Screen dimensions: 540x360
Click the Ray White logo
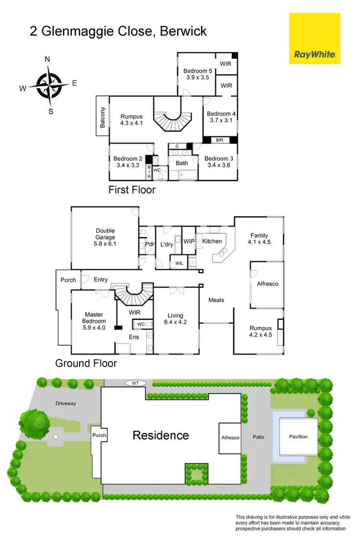tap(314, 38)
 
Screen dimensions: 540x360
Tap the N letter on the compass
tap(48, 60)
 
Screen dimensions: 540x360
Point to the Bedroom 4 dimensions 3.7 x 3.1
tap(221, 120)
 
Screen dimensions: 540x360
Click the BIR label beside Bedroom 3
tap(220, 140)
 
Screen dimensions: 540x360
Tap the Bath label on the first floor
tap(182, 163)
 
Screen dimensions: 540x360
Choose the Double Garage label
tap(105, 234)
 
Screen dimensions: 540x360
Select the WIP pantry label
tap(189, 241)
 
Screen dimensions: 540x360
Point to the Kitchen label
tap(212, 241)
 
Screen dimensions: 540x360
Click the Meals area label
tap(216, 300)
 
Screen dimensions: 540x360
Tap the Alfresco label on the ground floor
tap(267, 284)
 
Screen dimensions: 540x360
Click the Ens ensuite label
tap(133, 337)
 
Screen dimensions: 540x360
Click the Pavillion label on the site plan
tap(298, 436)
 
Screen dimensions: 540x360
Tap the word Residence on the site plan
tap(161, 435)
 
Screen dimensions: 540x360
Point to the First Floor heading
tap(132, 190)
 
